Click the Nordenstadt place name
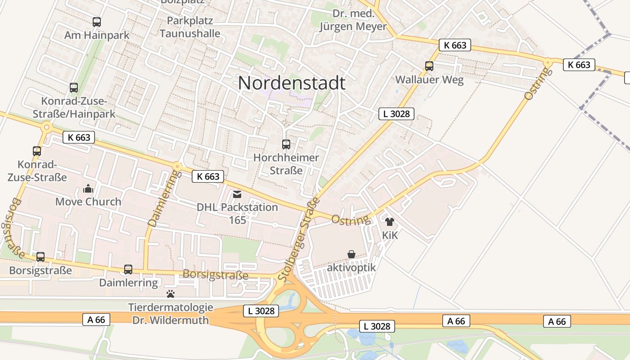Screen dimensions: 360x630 292,83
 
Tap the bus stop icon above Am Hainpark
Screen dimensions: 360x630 97,22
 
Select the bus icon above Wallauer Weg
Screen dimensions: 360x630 429,66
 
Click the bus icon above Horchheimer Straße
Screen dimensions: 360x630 286,144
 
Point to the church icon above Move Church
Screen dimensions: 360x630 88,189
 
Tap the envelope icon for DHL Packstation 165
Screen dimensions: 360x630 237,194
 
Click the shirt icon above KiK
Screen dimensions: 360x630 390,222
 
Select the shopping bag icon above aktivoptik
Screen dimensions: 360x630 351,255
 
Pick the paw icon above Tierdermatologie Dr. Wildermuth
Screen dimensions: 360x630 171,294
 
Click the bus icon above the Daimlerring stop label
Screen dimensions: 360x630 128,270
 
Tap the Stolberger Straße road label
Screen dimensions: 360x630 298,240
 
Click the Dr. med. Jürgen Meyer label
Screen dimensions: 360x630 353,20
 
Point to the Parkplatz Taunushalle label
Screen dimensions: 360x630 190,27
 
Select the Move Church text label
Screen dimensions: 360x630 88,202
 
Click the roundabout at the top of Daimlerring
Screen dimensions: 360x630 177,166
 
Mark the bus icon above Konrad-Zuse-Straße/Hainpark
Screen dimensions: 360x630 74,88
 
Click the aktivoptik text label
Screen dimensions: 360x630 351,268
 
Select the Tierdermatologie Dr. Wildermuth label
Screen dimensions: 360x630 171,314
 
